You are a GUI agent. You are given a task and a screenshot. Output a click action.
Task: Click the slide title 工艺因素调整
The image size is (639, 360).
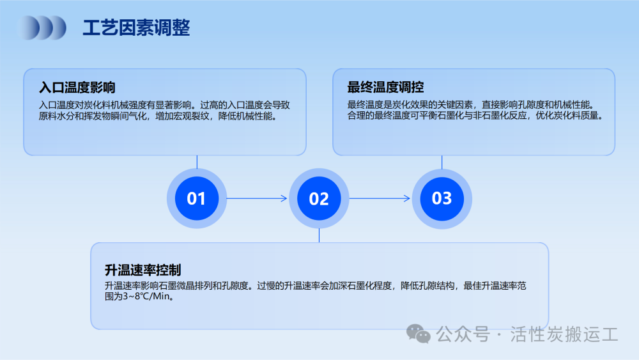tap(136, 27)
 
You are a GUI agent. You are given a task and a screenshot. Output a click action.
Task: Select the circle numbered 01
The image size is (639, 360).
tap(196, 199)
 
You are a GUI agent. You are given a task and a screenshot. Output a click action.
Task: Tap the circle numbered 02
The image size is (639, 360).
tap(319, 199)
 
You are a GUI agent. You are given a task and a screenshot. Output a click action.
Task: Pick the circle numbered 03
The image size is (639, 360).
tap(442, 199)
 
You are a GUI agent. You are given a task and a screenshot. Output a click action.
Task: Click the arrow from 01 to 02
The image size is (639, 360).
tap(257, 199)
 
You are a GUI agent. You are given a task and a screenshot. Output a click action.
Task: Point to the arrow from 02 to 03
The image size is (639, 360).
tap(380, 199)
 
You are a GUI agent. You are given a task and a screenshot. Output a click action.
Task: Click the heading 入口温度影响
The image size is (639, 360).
tap(77, 87)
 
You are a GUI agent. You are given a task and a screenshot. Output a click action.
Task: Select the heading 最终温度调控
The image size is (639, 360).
tap(385, 87)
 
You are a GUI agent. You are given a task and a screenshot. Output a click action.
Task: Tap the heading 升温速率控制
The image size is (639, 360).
tap(143, 269)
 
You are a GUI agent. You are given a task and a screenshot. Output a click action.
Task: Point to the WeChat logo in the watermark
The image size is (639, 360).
tap(418, 334)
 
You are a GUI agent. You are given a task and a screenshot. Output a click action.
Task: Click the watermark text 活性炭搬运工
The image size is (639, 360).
tap(564, 334)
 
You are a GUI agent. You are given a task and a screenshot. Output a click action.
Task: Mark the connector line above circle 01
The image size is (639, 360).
tap(197, 162)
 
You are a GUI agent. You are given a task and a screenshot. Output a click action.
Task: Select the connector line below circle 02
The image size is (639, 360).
tap(319, 235)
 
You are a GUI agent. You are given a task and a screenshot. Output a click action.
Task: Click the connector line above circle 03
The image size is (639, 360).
tap(442, 162)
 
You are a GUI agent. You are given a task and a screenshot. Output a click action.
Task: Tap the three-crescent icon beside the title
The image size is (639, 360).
tap(42, 27)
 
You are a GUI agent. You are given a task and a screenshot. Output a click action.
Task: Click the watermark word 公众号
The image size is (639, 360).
tap(463, 334)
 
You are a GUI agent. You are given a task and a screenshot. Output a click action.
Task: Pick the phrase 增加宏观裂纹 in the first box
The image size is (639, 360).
tap(182, 116)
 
